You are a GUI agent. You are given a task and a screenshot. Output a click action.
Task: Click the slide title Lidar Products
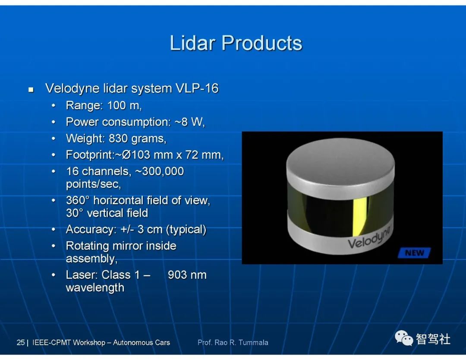(x=236, y=43)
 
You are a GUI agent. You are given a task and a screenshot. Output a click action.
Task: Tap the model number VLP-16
(x=197, y=88)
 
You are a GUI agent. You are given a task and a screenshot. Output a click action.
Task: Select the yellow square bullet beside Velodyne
(x=31, y=89)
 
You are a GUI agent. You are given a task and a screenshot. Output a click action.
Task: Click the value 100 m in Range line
(x=125, y=105)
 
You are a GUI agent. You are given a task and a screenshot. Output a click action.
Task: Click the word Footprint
(x=89, y=155)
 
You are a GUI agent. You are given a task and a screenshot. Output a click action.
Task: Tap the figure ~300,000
(x=160, y=171)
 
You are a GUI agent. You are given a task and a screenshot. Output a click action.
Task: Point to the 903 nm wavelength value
(x=187, y=275)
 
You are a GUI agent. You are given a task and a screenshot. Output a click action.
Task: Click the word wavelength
(x=95, y=288)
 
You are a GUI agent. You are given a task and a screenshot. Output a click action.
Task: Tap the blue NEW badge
(x=414, y=253)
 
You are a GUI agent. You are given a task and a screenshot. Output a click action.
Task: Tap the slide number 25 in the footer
(x=21, y=342)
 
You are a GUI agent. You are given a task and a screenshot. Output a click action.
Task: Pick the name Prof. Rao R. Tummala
(x=233, y=342)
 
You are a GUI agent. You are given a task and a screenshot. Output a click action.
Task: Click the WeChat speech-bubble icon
(x=403, y=338)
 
